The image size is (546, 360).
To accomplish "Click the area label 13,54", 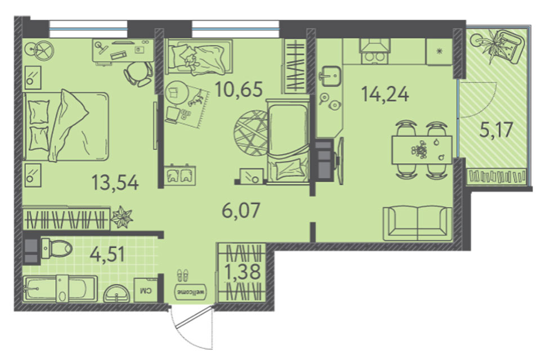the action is (x=115, y=183).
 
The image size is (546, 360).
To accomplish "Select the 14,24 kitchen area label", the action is (x=385, y=94).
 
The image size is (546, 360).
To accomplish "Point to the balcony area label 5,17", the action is (x=496, y=130).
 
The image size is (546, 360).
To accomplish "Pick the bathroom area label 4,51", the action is (x=108, y=254).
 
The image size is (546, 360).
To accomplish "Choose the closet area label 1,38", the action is (x=243, y=272).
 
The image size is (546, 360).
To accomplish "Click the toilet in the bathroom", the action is (x=56, y=249).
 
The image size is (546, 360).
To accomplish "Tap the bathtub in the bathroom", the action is (x=60, y=289).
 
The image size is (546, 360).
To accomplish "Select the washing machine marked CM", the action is (x=145, y=290).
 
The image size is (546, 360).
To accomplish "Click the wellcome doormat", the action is (x=190, y=292).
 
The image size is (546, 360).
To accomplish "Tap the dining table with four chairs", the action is (x=422, y=150).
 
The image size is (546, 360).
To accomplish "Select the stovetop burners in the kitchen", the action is (x=375, y=57).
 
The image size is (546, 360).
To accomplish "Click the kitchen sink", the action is (x=330, y=75).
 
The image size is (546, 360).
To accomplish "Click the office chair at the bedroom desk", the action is (x=138, y=74).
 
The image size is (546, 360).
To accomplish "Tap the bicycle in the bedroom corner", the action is (x=39, y=51).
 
